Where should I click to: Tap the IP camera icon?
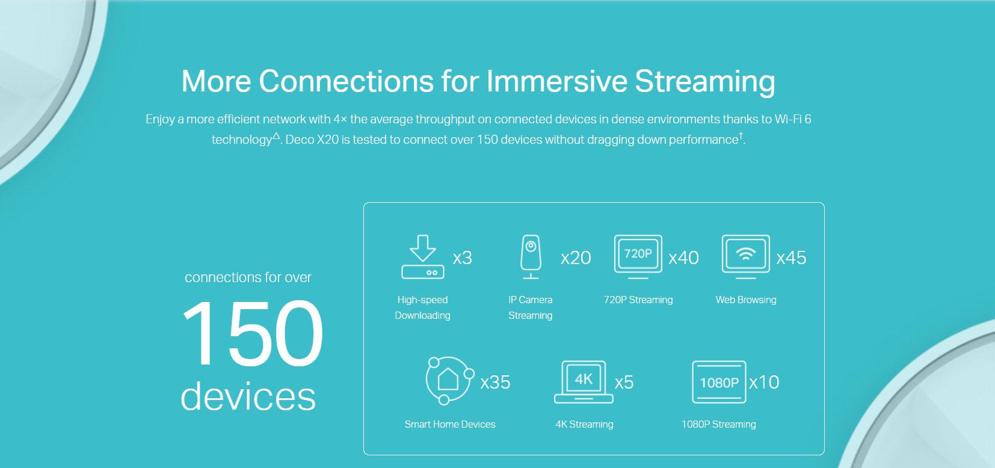tap(531, 257)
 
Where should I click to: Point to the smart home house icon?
tap(448, 379)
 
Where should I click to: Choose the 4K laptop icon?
tap(584, 382)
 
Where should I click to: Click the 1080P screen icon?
tap(719, 382)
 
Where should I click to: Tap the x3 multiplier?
tap(463, 258)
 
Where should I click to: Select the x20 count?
tap(576, 258)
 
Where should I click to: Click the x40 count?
tap(683, 258)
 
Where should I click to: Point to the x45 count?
tap(791, 258)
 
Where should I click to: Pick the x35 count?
tap(495, 383)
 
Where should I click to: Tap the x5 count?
tap(624, 383)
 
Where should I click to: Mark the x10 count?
tap(764, 383)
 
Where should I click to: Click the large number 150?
tap(252, 333)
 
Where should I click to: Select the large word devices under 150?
tap(248, 396)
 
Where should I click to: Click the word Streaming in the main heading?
tap(705, 82)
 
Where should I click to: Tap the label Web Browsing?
tap(746, 300)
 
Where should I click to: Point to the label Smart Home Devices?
tap(450, 424)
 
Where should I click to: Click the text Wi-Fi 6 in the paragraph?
tap(793, 119)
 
